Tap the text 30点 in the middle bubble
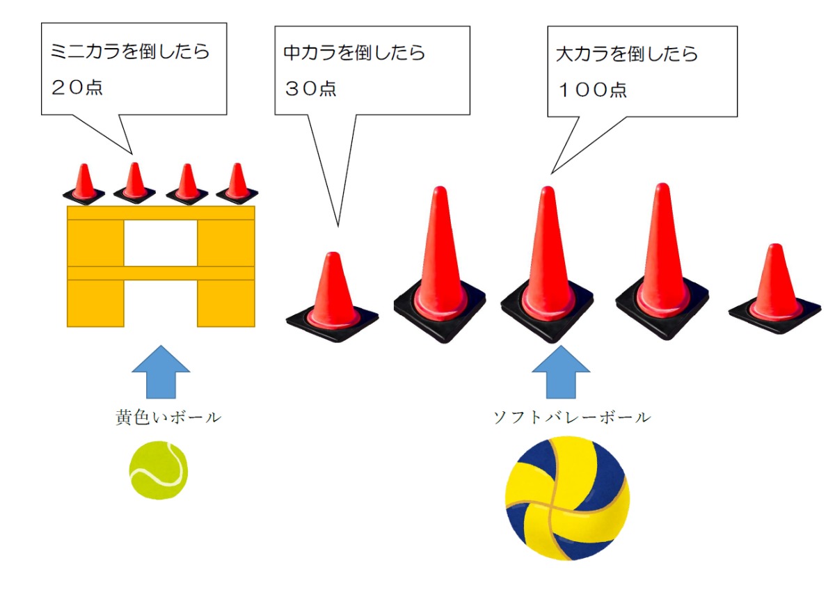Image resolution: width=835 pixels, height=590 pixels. pos(310,88)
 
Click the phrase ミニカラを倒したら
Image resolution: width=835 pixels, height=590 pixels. pos(130,52)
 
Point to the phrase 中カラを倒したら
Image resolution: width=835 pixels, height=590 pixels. pos(354,53)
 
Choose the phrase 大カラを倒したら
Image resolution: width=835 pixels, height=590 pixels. pos(627,54)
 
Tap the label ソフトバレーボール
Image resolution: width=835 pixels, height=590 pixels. pos(571,417)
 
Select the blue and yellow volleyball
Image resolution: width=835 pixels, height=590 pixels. pos(567,498)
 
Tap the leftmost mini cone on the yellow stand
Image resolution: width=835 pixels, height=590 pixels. pos(84,184)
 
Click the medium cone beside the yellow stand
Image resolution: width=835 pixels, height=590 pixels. pos(333,296)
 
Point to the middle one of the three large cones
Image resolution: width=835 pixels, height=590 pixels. pos(548,268)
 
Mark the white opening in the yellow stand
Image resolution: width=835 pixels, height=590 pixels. pos(160,243)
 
